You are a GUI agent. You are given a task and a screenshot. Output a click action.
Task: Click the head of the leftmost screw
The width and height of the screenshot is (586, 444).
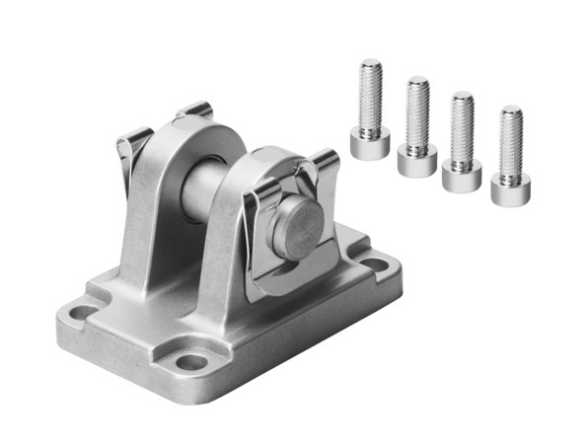(x=368, y=139)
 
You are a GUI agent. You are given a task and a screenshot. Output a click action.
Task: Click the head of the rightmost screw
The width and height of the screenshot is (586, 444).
(x=510, y=186)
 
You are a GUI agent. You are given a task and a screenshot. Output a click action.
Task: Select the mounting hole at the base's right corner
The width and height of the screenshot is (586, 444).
(x=377, y=264)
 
